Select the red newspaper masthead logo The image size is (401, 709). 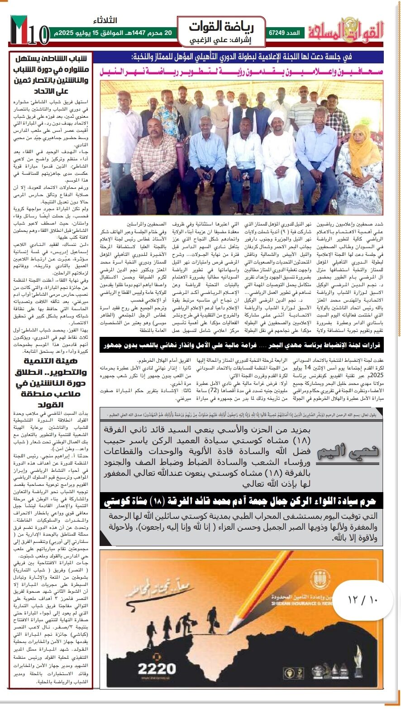(346, 30)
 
